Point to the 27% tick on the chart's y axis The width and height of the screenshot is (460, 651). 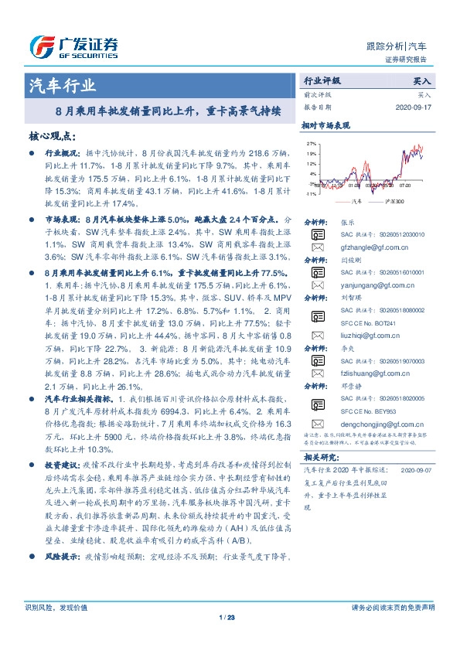click(311, 144)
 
